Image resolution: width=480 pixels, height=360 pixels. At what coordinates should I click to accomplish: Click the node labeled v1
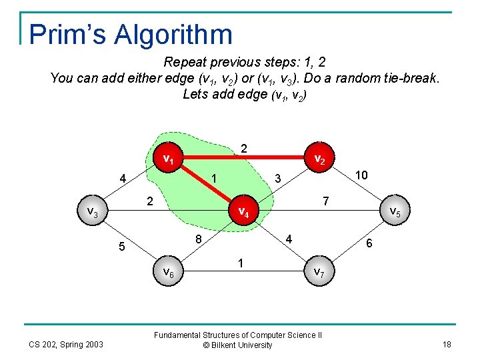pos(169,159)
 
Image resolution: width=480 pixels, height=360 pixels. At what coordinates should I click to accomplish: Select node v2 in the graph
pos(319,160)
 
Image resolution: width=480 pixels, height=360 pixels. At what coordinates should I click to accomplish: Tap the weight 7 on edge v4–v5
pos(325,200)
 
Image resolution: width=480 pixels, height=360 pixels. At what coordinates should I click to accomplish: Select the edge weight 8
pos(199,239)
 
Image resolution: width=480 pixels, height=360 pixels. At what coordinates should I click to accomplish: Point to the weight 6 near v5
pos(369,245)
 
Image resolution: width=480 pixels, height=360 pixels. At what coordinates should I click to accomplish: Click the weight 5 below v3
pos(121,247)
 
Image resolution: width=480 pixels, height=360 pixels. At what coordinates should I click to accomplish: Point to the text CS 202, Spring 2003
pos(65,344)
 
